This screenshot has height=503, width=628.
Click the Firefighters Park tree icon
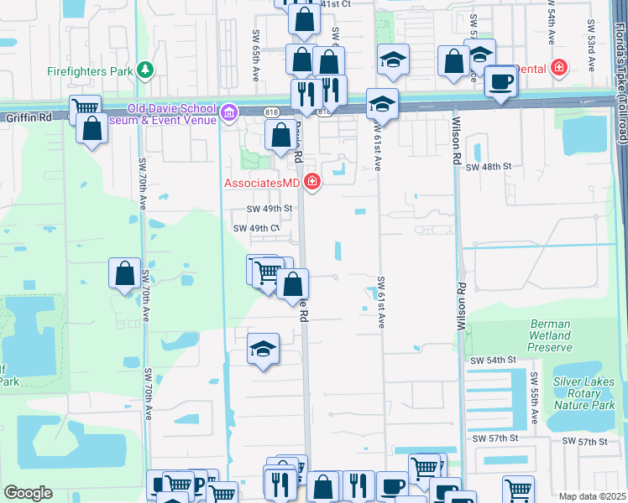(x=145, y=70)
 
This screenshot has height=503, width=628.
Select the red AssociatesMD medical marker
(x=312, y=181)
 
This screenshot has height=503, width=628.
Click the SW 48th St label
(x=489, y=167)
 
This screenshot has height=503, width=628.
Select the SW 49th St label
(x=269, y=208)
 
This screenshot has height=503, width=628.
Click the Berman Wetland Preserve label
(x=551, y=335)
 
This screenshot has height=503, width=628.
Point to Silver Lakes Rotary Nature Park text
(x=584, y=393)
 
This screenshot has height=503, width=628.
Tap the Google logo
(x=28, y=492)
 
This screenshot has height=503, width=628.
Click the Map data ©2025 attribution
(x=591, y=496)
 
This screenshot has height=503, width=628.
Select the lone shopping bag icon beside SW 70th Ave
(x=124, y=273)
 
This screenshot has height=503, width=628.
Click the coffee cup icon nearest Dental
(x=501, y=81)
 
